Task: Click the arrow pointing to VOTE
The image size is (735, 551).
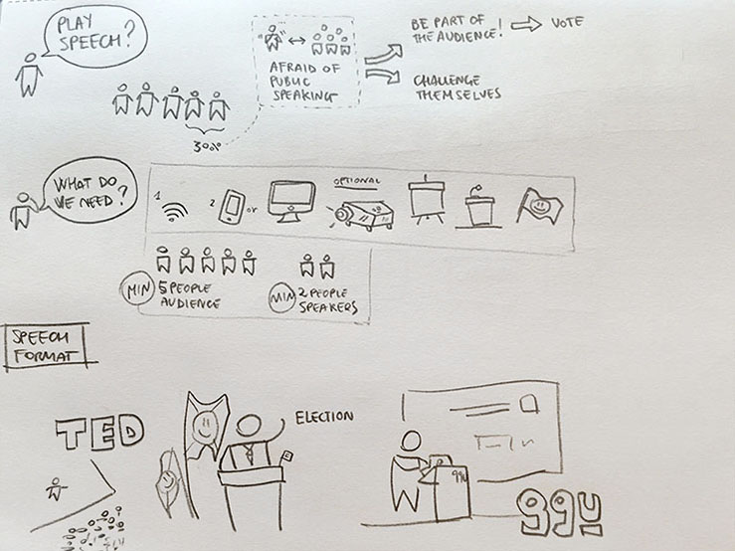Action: tap(524, 24)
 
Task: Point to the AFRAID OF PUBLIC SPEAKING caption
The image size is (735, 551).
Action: tap(304, 76)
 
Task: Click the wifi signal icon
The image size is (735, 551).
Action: tap(176, 211)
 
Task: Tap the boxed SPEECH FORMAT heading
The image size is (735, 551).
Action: tap(45, 346)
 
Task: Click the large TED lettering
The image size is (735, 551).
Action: tap(99, 432)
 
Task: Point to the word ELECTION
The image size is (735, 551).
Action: tap(323, 416)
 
